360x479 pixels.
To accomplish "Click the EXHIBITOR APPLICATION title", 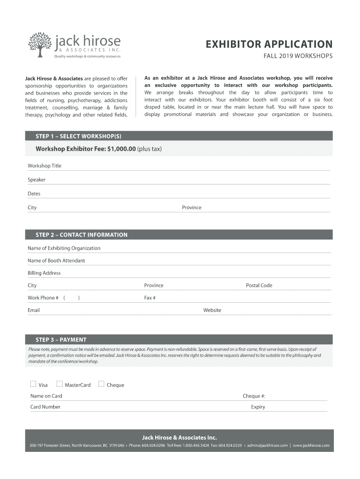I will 269,44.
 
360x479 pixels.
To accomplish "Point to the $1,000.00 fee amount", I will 121,149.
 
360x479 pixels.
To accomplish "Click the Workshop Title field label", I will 44,166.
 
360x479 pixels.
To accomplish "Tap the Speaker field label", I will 36,180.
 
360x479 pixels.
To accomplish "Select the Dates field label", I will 34,194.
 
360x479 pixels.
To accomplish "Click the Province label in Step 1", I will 192,208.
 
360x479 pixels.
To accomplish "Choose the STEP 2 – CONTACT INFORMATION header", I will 81,235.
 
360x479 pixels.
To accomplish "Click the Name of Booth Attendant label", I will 56,261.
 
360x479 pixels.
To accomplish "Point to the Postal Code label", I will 259,285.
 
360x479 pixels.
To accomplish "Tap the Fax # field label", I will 150,298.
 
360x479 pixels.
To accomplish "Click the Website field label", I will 212,310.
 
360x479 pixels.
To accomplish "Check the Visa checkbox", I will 33,385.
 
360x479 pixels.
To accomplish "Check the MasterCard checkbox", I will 59,385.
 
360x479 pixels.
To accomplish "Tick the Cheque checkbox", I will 101,385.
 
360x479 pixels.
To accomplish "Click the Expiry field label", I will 258,407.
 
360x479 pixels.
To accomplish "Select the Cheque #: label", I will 254,396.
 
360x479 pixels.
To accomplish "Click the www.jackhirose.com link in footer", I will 311,445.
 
